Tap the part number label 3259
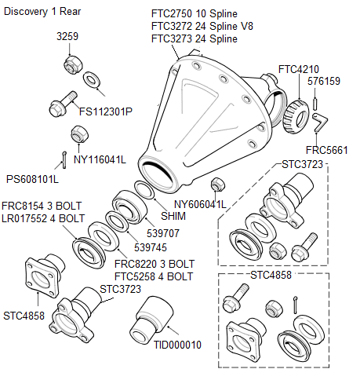coord(68,37)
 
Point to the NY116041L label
coord(100,159)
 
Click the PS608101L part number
coord(32,178)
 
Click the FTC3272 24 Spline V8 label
coord(202,27)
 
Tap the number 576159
coord(324,81)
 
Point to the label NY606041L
coord(200,205)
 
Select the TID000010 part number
coord(177,345)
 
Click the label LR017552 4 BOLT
coord(43,218)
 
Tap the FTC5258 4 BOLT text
coord(154,276)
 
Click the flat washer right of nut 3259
coord(91,79)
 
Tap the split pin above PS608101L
coord(62,159)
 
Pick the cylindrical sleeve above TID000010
coord(153,317)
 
